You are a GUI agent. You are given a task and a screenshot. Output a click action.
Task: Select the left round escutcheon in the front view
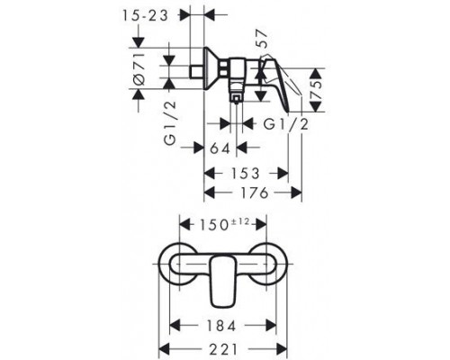pyautogui.click(x=178, y=266)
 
